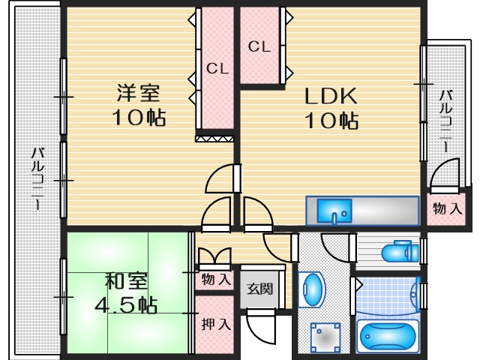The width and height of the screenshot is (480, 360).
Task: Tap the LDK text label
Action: tap(330, 97)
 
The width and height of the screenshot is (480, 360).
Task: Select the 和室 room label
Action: tap(125, 282)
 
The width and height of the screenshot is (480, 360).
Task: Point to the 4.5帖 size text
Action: tap(125, 305)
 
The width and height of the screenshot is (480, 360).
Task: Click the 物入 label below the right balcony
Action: tap(448, 208)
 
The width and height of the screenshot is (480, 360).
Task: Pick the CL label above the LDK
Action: tap(259, 46)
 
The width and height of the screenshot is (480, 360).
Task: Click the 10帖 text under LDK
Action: tap(330, 120)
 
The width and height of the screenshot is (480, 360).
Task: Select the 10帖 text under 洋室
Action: tap(138, 118)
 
